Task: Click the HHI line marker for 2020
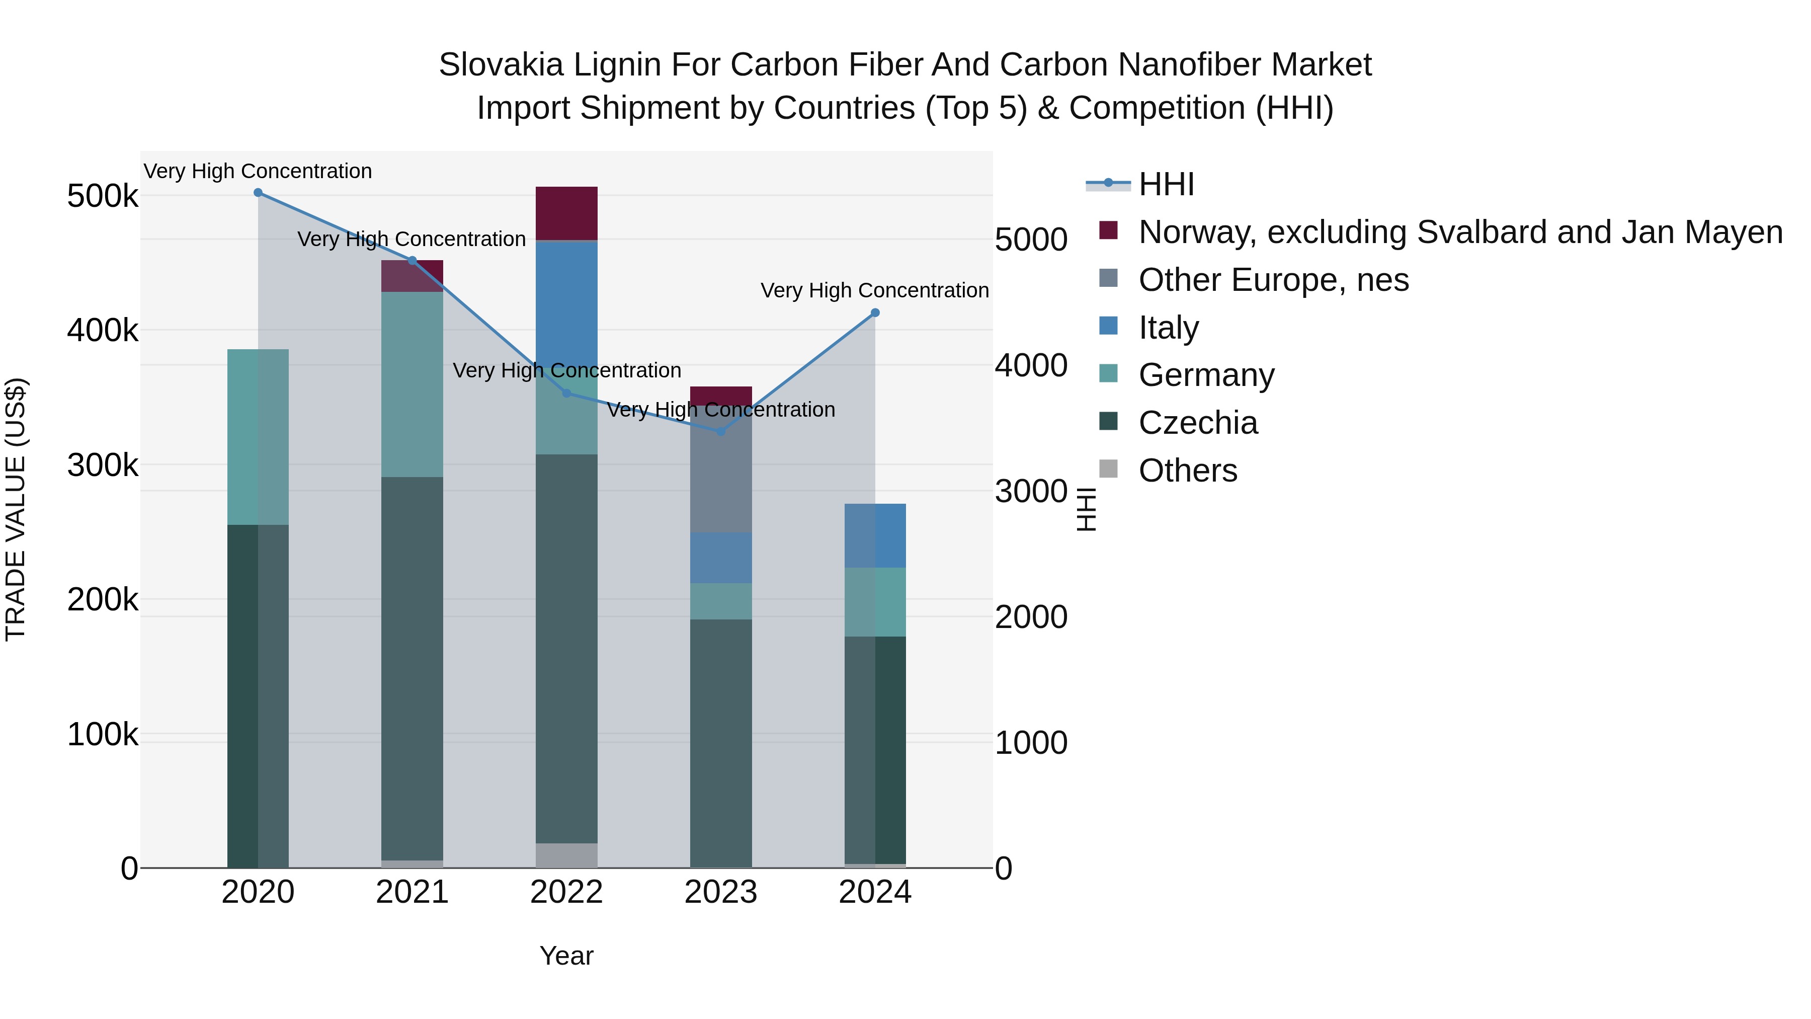pyautogui.click(x=258, y=193)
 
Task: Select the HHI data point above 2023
pyautogui.click(x=720, y=431)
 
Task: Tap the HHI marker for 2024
pyautogui.click(x=875, y=313)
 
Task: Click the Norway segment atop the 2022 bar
pyautogui.click(x=566, y=213)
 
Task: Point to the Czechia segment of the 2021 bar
pyautogui.click(x=412, y=668)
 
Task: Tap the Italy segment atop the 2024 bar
pyautogui.click(x=875, y=535)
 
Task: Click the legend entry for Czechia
pyautogui.click(x=1197, y=423)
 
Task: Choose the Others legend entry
pyautogui.click(x=1187, y=471)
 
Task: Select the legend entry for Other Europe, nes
pyautogui.click(x=1273, y=280)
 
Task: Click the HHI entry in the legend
pyautogui.click(x=1166, y=184)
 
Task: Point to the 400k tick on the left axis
pyautogui.click(x=103, y=330)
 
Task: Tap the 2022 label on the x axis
pyautogui.click(x=566, y=892)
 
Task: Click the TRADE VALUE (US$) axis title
pyautogui.click(x=16, y=509)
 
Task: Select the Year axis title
pyautogui.click(x=566, y=956)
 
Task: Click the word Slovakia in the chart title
pyautogui.click(x=501, y=65)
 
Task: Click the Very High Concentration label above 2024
pyautogui.click(x=875, y=290)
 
